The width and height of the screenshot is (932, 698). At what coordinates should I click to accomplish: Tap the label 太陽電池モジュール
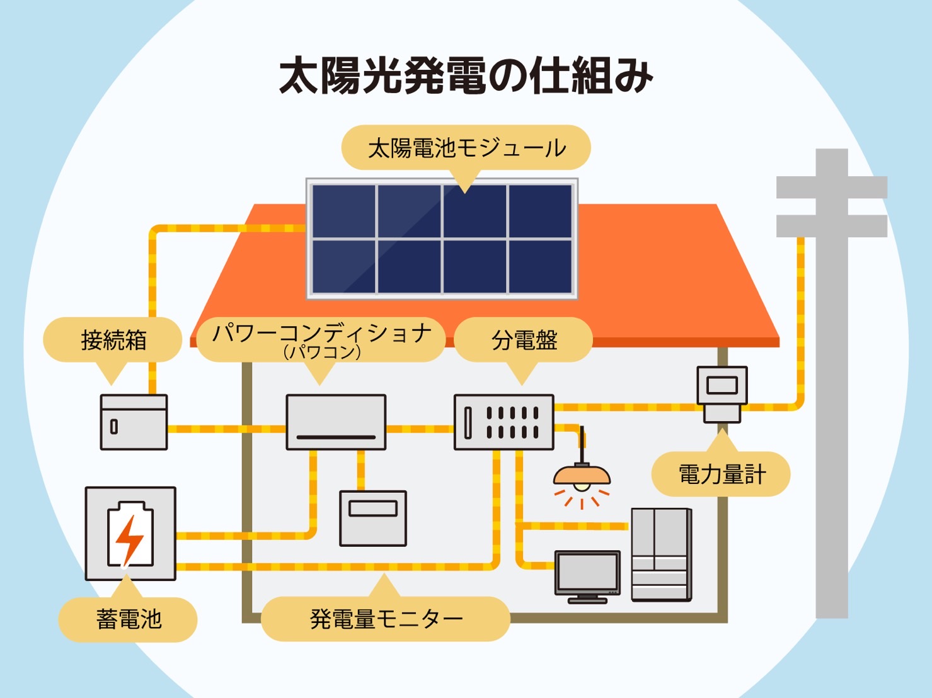coord(466,149)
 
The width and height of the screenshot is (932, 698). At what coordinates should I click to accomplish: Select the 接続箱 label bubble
coord(113,340)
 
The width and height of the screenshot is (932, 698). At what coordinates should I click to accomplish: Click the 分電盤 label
coord(523,340)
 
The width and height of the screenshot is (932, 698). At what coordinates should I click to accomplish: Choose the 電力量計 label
coord(721,474)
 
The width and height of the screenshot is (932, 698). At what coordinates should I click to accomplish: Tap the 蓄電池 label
coord(128,619)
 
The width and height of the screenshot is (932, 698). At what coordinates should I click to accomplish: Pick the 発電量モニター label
coord(386,619)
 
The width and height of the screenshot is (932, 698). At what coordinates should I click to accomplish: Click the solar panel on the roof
coord(442,239)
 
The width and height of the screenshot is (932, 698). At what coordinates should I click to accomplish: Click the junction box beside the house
coord(134,422)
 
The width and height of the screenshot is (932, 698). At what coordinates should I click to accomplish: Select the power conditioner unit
coord(336,422)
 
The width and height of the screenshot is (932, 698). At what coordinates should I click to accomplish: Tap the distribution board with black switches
coord(503,422)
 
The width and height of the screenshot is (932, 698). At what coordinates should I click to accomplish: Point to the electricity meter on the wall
coord(722,393)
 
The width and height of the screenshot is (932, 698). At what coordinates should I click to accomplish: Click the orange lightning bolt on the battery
coord(130,539)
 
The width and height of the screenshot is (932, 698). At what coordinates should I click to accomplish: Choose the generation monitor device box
coord(373,518)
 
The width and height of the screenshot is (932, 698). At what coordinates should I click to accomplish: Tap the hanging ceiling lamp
coord(581,475)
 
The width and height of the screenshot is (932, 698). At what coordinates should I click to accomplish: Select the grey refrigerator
coord(661,554)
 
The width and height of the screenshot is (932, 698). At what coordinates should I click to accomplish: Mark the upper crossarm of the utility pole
coord(831,187)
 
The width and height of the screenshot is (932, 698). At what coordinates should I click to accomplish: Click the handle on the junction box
coord(114,427)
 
